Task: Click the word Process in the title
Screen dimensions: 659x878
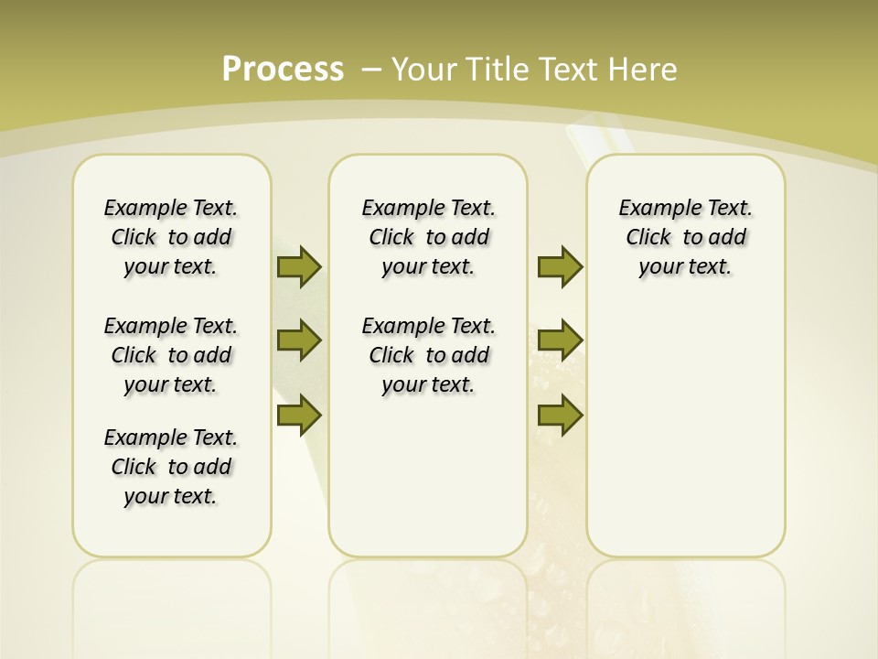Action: (x=283, y=69)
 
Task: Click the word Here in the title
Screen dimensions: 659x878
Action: (x=644, y=69)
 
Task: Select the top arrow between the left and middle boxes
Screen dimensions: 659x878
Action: (x=299, y=266)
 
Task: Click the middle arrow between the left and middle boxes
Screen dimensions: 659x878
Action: (x=299, y=340)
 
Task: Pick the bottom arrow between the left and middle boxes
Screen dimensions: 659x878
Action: (x=299, y=416)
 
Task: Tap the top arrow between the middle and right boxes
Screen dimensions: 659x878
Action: (x=560, y=266)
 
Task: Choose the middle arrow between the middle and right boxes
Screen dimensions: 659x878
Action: (x=560, y=340)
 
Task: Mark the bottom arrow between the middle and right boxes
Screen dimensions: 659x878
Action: (x=560, y=416)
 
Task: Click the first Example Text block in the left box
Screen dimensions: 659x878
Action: (x=171, y=237)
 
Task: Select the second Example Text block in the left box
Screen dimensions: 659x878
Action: (x=171, y=355)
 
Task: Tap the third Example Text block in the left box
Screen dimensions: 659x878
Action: (x=171, y=467)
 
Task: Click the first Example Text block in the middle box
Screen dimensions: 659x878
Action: (x=428, y=237)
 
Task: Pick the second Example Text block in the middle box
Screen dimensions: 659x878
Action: (x=428, y=355)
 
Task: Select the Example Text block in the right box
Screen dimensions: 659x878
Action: (x=685, y=237)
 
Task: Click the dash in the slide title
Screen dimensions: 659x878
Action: (x=371, y=69)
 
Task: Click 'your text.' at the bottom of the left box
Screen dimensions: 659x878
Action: (x=171, y=496)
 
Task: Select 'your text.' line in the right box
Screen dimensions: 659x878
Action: (x=685, y=266)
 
